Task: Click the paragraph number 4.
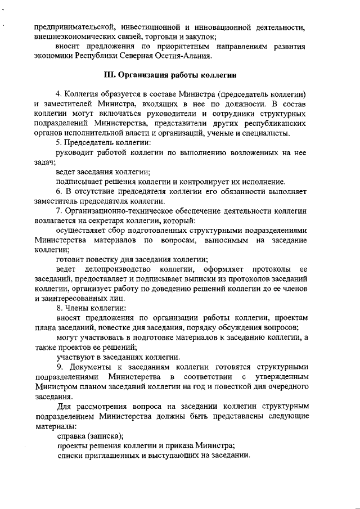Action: click(58, 93)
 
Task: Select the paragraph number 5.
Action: click(58, 142)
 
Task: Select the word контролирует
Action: click(213, 182)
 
